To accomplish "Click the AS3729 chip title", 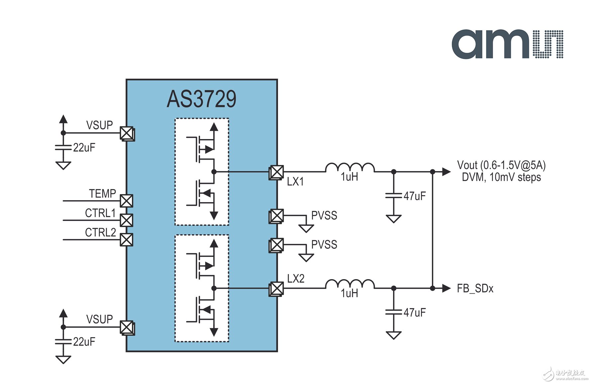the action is click(201, 99).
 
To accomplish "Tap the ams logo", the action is click(507, 44).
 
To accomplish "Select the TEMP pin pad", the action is click(126, 201).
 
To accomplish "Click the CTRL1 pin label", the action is click(100, 213).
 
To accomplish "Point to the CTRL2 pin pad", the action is click(126, 240).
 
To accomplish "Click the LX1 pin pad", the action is click(276, 172).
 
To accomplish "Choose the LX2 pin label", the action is click(296, 278).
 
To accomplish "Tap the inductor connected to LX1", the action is click(350, 168).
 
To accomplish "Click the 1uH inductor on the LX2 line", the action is click(350, 284).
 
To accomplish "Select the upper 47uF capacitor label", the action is click(415, 196).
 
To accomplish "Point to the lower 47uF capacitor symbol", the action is click(394, 312).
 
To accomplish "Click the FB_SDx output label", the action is click(475, 288).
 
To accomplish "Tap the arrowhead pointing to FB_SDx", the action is click(446, 288).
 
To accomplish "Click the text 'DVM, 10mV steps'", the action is click(501, 177).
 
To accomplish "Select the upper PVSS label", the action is click(324, 215).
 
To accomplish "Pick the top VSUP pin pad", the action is click(127, 134).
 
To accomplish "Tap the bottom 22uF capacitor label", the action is click(84, 342).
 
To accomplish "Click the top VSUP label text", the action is click(100, 125).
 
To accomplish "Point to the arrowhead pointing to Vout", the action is click(446, 172).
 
